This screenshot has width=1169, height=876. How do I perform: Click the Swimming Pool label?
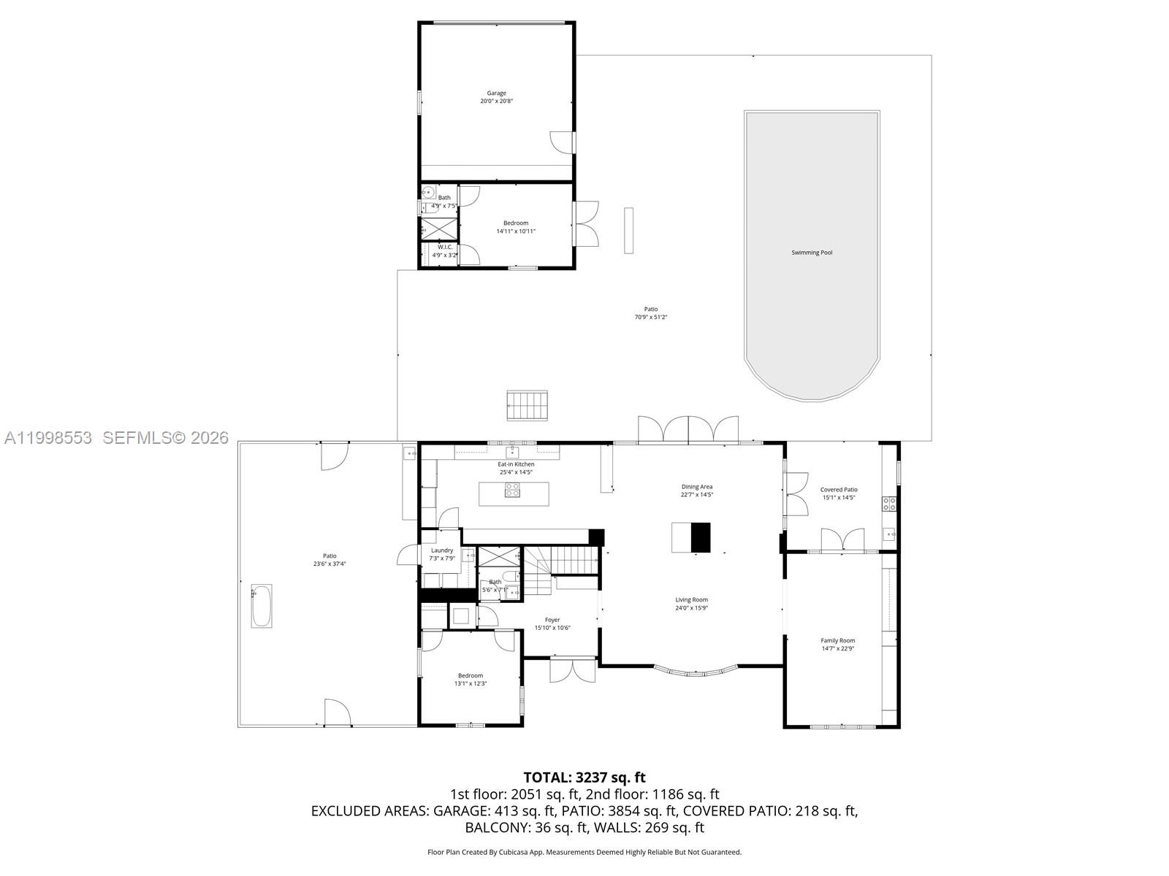(x=812, y=253)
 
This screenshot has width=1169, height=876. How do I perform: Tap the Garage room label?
(x=497, y=93)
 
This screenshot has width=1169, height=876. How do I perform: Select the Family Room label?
(x=837, y=640)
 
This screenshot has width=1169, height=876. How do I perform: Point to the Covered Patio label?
(x=839, y=490)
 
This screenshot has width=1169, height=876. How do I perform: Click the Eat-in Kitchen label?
(x=516, y=464)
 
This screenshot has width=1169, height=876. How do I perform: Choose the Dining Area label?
(x=696, y=487)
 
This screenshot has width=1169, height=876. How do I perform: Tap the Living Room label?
(x=691, y=600)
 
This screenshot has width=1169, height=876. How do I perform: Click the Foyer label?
(x=552, y=620)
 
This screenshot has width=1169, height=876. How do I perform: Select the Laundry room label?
(x=442, y=550)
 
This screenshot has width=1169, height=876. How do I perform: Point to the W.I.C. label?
(x=446, y=247)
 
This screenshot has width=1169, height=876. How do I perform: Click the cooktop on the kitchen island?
(x=512, y=491)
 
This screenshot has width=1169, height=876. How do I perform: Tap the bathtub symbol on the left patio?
(x=262, y=605)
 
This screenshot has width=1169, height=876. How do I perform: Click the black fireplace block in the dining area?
(x=701, y=537)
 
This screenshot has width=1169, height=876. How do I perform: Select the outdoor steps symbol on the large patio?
(x=528, y=405)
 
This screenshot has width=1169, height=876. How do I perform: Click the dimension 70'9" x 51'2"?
(x=650, y=318)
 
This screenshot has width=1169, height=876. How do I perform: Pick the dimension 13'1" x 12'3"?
(x=471, y=684)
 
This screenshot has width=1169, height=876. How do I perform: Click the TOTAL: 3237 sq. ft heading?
(x=584, y=777)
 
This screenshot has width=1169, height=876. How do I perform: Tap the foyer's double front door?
(x=573, y=669)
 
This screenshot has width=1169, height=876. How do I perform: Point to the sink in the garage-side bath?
(x=429, y=193)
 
